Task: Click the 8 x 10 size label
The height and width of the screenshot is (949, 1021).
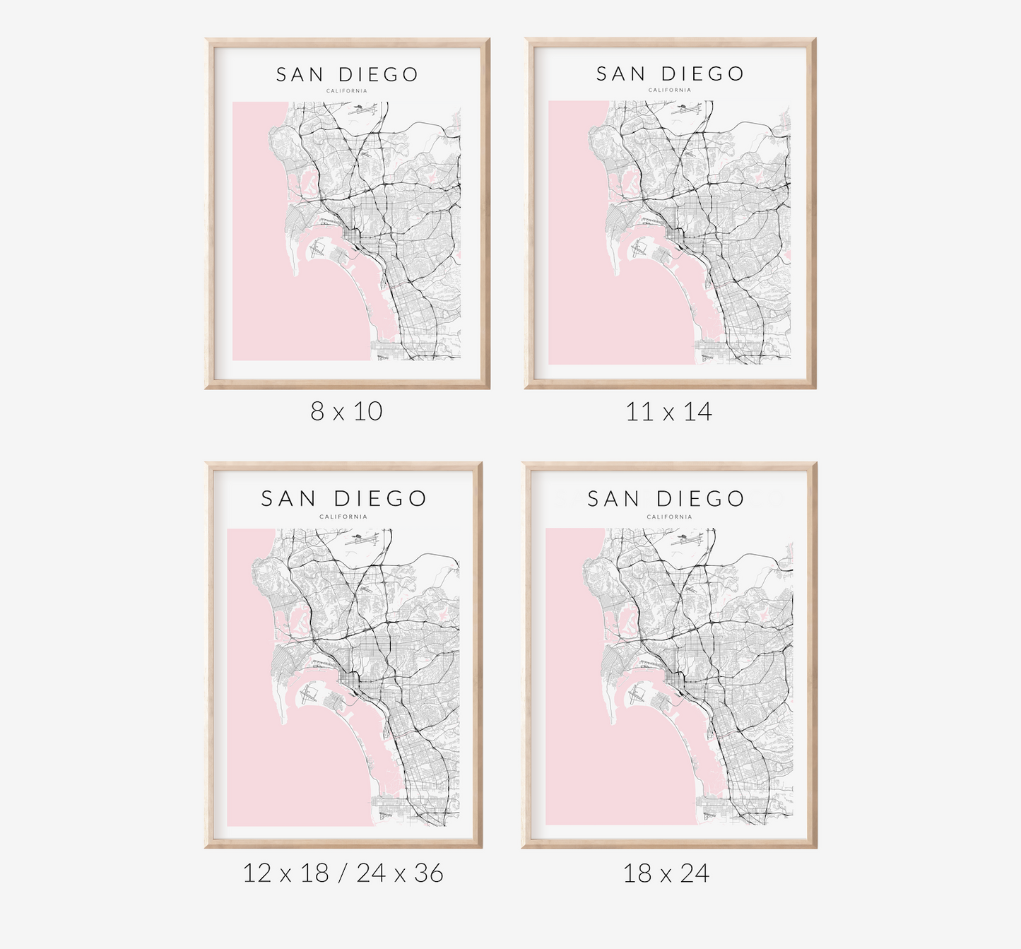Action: coord(346,411)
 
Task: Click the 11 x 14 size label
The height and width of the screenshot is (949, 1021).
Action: coord(668,412)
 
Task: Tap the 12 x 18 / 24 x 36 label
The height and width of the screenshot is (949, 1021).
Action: coord(343,873)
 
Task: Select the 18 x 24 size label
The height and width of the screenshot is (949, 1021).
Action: coord(666,874)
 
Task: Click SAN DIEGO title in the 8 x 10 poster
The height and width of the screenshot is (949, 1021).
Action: coord(347,75)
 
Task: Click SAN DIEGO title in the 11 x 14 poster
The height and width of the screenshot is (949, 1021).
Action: coord(670,74)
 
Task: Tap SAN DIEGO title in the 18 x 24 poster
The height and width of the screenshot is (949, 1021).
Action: coord(666,499)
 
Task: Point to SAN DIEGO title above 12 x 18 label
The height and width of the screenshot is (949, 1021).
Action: coord(343,499)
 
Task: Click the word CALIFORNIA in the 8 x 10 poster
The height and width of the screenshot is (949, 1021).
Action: coord(347,91)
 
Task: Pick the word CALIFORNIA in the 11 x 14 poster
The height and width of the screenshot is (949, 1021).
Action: coord(670,90)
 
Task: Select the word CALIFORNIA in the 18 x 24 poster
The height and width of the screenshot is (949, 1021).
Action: coord(669,517)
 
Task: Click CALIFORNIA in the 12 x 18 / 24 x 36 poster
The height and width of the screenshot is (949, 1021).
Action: coord(343,517)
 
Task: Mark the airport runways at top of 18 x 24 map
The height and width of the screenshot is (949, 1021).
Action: coord(690,538)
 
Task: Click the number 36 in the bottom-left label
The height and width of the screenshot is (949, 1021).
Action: coord(428,873)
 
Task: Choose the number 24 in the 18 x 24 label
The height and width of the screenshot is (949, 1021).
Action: coord(695,874)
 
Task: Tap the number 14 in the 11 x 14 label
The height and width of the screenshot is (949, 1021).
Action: coord(697,412)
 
